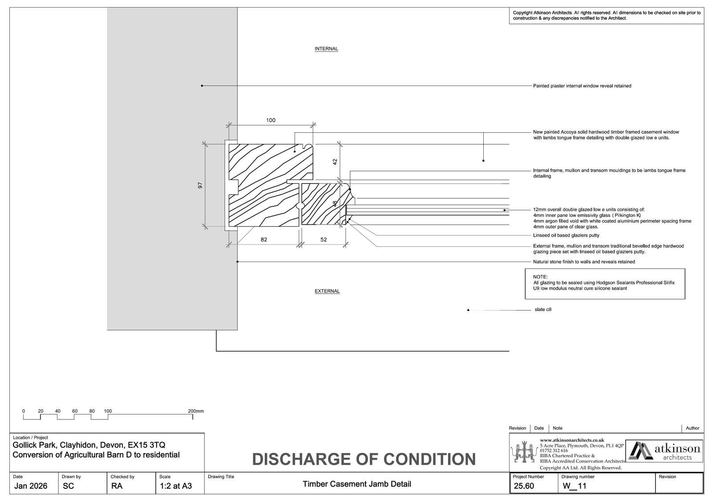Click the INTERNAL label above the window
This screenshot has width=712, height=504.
(x=326, y=49)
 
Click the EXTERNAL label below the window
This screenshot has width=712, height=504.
(x=327, y=291)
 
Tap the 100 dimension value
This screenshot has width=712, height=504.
(x=271, y=120)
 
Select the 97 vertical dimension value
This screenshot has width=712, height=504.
(x=200, y=185)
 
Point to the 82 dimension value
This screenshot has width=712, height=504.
(x=264, y=240)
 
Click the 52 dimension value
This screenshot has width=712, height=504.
(x=324, y=240)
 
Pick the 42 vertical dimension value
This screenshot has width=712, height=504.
(x=336, y=162)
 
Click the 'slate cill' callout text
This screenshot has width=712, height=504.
(x=543, y=310)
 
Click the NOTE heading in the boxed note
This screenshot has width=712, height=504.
(x=540, y=277)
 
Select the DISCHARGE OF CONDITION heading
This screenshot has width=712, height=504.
(x=364, y=459)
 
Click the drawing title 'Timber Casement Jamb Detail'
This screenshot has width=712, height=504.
(x=357, y=484)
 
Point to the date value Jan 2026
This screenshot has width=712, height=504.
(x=31, y=486)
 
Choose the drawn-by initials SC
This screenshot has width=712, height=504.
(x=68, y=486)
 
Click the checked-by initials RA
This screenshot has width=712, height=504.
(x=117, y=486)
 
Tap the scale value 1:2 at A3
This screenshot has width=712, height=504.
(x=176, y=486)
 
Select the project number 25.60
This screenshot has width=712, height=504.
(x=524, y=486)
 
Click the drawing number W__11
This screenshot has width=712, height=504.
(x=574, y=486)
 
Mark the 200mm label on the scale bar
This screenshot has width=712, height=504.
(x=196, y=411)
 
